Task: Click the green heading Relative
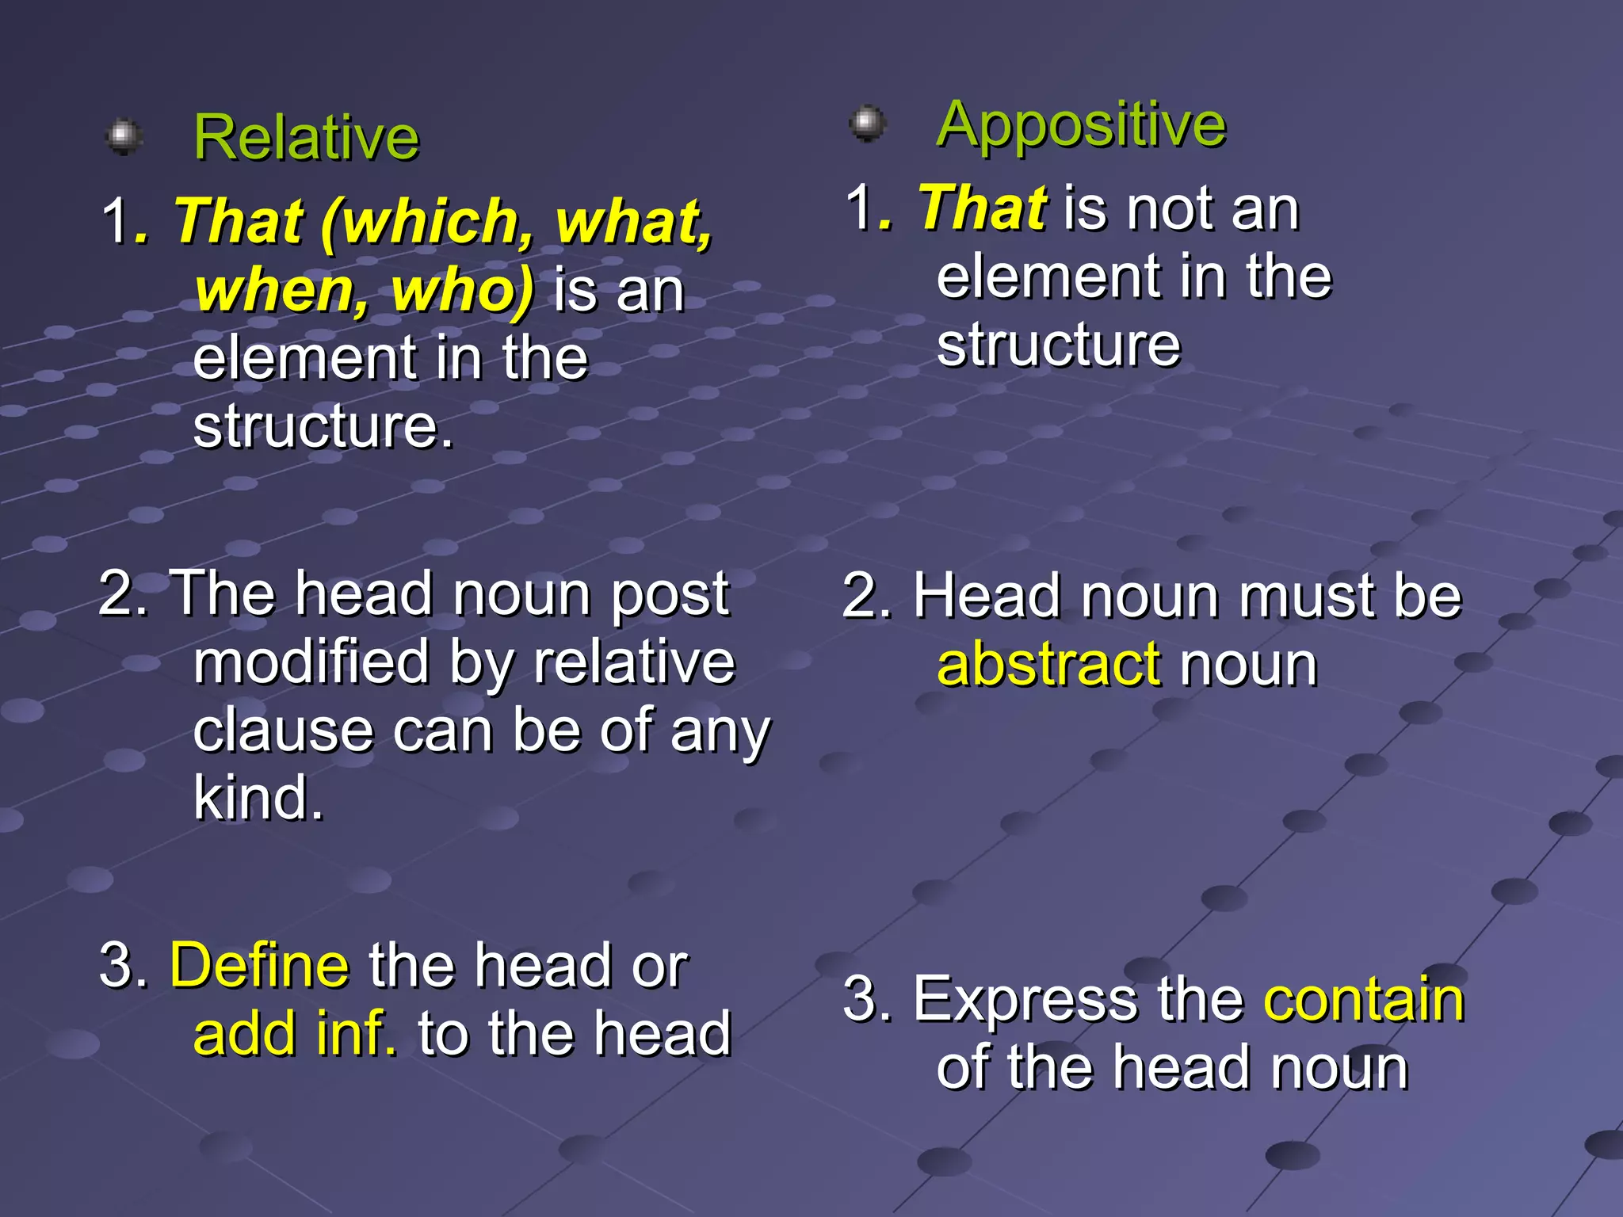coord(306,138)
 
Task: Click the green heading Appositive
coord(1081,124)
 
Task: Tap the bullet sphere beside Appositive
coord(868,123)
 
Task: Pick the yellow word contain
coord(1364,999)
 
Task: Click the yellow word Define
coord(259,966)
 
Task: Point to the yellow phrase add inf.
coord(295,1034)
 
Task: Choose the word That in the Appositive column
coord(983,208)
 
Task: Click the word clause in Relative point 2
coord(283,730)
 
